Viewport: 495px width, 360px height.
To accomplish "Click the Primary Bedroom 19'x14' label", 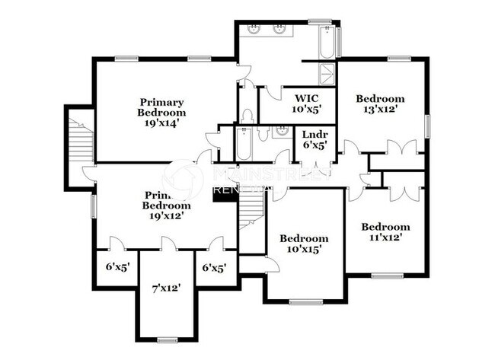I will point(162,113).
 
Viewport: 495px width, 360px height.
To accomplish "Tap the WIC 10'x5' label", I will point(306,103).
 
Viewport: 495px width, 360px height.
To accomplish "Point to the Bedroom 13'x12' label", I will point(380,104).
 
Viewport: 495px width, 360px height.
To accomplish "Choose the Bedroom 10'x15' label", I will point(304,243).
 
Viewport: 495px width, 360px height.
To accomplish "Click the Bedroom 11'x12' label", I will point(385,231).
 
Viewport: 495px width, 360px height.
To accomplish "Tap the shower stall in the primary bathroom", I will point(327,73).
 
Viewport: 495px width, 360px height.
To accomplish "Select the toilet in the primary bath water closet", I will point(246,116).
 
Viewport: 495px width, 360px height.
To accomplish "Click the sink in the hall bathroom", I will point(281,132).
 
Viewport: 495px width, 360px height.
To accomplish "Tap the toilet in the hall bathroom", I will point(263,133).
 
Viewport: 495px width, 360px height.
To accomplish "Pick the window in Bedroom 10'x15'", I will point(305,301).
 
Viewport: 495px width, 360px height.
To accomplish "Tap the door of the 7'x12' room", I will point(168,244).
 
